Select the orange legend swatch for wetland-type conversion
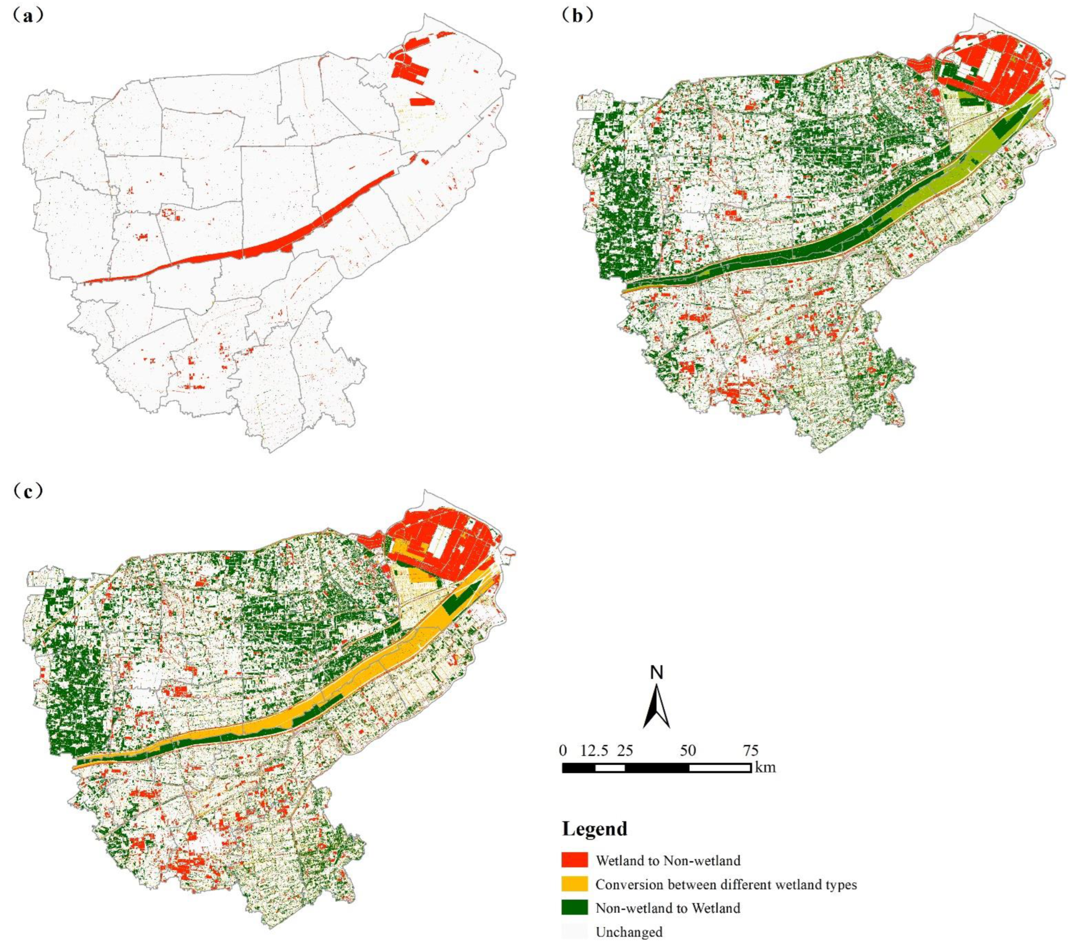[575, 884]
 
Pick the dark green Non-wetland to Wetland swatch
[575, 908]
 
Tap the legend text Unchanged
[629, 932]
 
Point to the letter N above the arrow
[657, 672]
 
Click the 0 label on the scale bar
[563, 751]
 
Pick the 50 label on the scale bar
[688, 751]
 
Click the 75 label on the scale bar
[750, 751]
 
